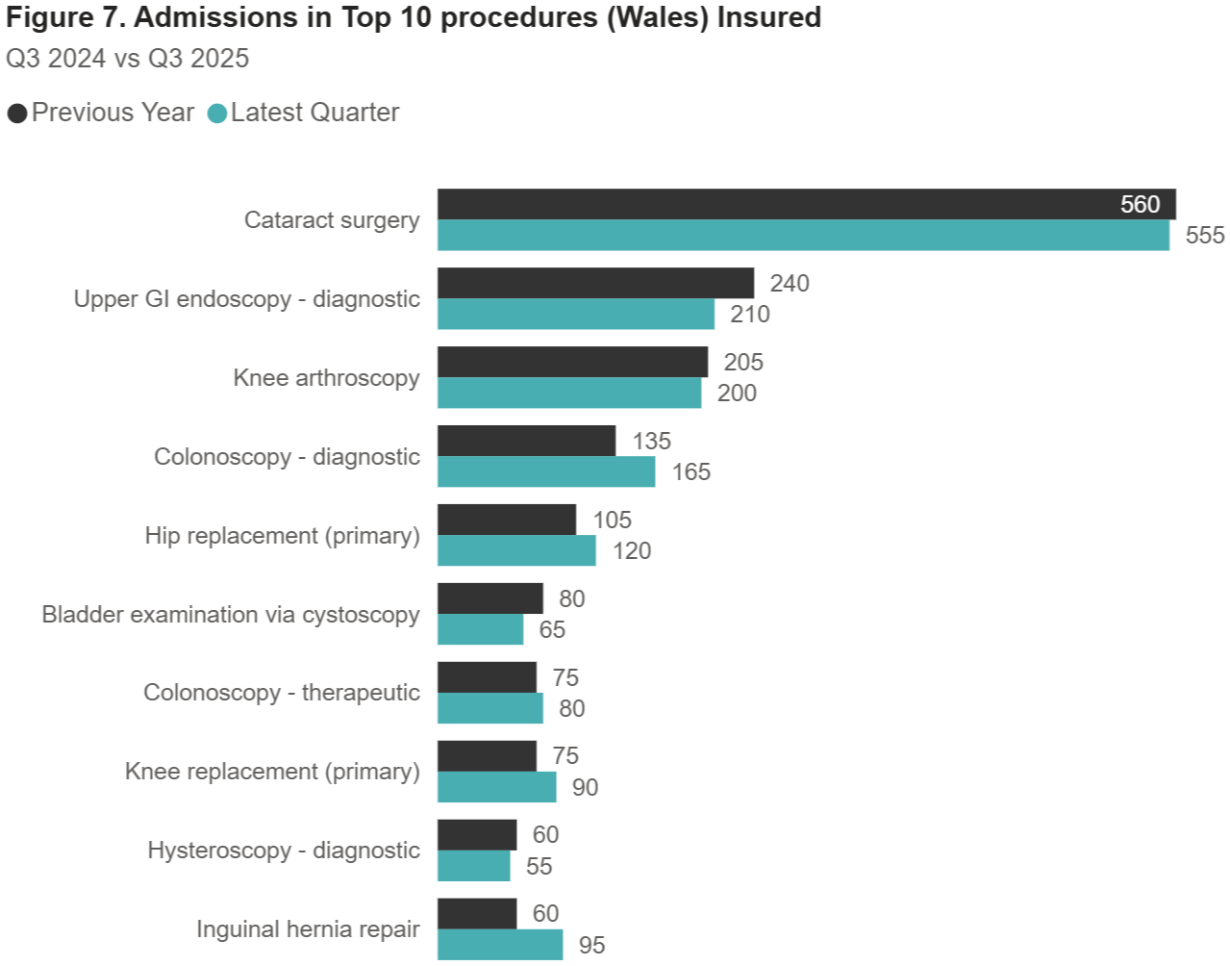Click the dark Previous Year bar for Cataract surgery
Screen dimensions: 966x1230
pyautogui.click(x=769, y=204)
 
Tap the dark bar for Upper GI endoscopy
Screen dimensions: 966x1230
pyautogui.click(x=595, y=283)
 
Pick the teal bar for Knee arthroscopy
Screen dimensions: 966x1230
pyautogui.click(x=569, y=393)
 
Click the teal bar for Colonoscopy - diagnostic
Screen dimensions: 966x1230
pyautogui.click(x=546, y=471)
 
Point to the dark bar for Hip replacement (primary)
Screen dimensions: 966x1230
pyautogui.click(x=507, y=520)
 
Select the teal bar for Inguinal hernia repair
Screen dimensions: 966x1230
pyautogui.click(x=500, y=945)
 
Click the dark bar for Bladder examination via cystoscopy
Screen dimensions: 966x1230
pyautogui.click(x=490, y=598)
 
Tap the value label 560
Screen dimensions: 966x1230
pyautogui.click(x=1140, y=204)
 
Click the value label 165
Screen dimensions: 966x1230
pyautogui.click(x=690, y=471)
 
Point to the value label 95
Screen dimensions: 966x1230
pyautogui.click(x=591, y=945)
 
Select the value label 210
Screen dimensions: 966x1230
pyautogui.click(x=749, y=314)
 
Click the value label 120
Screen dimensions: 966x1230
pyautogui.click(x=632, y=550)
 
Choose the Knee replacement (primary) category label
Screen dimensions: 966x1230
pyautogui.click(x=272, y=772)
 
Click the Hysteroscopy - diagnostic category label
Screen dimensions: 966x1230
pyautogui.click(x=284, y=851)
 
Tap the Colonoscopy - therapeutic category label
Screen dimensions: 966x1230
pyautogui.click(x=282, y=693)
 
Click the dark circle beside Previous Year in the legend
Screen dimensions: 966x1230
pyautogui.click(x=17, y=114)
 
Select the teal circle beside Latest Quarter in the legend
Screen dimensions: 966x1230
pyautogui.click(x=217, y=114)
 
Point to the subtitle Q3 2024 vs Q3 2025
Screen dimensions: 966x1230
pyautogui.click(x=128, y=59)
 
